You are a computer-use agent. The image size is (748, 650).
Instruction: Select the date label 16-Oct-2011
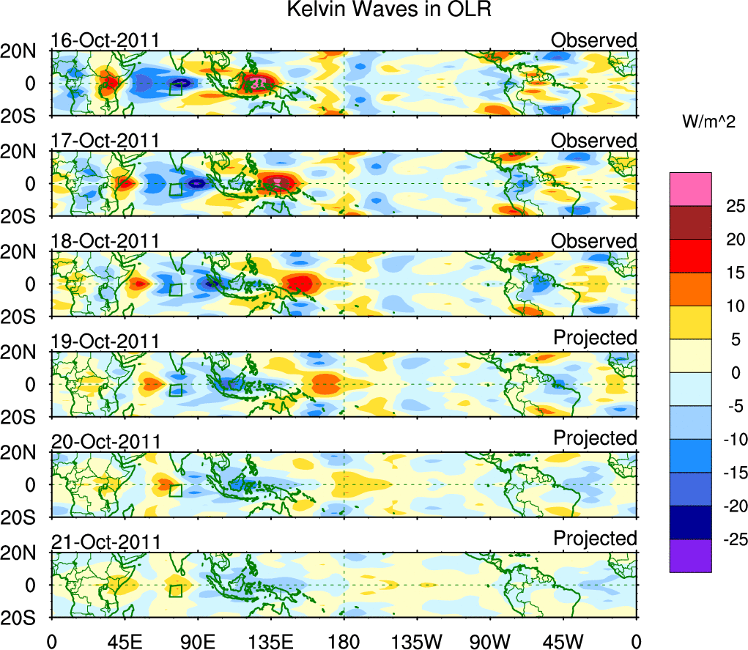pyautogui.click(x=105, y=40)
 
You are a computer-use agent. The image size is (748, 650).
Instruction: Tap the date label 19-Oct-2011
pyautogui.click(x=105, y=341)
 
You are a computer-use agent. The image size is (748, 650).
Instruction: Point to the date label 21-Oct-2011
pyautogui.click(x=105, y=542)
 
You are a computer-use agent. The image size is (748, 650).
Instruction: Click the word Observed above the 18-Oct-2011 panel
pyautogui.click(x=594, y=240)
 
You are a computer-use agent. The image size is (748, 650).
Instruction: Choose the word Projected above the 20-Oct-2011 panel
pyautogui.click(x=595, y=437)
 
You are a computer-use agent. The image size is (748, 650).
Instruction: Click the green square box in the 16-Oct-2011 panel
pyautogui.click(x=175, y=89)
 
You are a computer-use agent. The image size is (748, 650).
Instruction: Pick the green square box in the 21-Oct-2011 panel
pyautogui.click(x=176, y=591)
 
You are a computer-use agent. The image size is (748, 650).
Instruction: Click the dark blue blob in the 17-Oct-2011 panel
pyautogui.click(x=196, y=183)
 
